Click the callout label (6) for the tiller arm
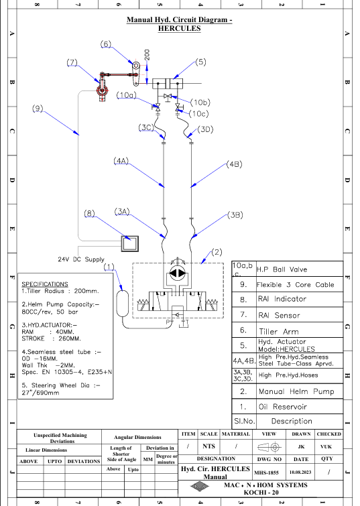[105, 44]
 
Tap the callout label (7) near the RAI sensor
[72, 62]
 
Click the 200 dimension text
[147, 54]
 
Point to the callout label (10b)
[200, 103]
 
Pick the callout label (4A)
[121, 160]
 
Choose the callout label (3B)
[235, 215]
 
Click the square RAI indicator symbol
[130, 244]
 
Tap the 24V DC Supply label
[81, 259]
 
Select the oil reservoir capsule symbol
[123, 304]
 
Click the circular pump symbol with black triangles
[177, 273]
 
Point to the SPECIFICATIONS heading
[45, 284]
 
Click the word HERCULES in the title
[179, 28]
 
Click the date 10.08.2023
[300, 472]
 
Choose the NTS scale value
[208, 446]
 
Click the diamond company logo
[199, 487]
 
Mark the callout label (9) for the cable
[38, 108]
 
